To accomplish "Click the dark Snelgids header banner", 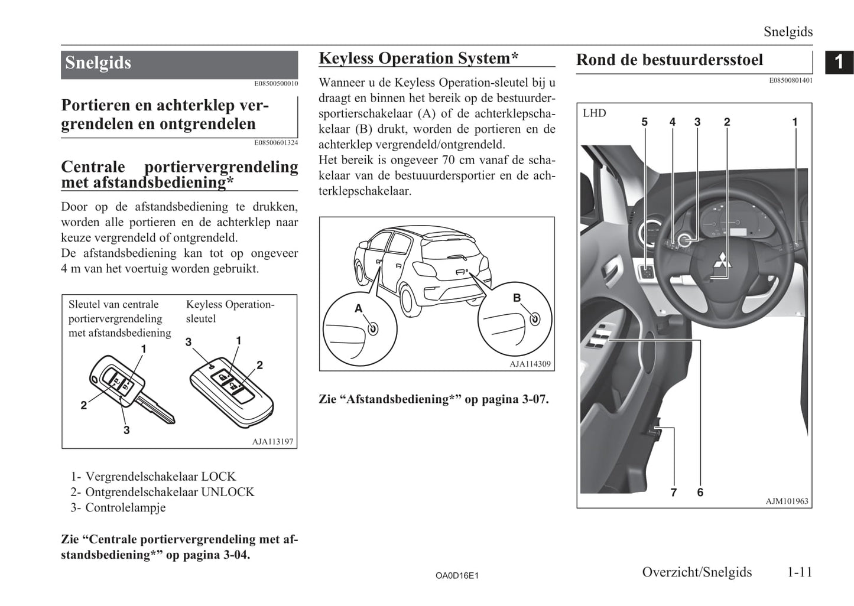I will [x=179, y=64].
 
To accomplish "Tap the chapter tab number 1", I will [x=839, y=61].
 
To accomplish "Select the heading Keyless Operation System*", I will [x=418, y=58].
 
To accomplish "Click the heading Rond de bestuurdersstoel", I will [x=669, y=60].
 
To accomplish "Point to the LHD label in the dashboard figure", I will [x=594, y=113].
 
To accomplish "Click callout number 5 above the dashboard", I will [x=644, y=122].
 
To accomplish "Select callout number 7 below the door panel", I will [x=673, y=492].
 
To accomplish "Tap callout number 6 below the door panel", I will [x=700, y=492].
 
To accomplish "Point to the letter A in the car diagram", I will [x=358, y=308].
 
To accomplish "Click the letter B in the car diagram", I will [x=517, y=298].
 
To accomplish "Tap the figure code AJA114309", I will [x=530, y=364].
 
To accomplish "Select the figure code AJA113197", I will [x=272, y=441].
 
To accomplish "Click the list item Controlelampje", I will [x=125, y=507].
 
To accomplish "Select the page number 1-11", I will [x=800, y=572].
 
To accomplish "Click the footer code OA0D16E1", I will [x=457, y=575].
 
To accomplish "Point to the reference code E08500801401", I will [x=790, y=80].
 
